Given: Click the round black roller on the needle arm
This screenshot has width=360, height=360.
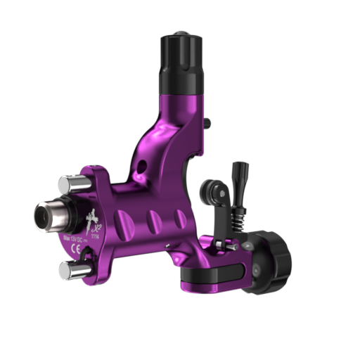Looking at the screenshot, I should [212, 191].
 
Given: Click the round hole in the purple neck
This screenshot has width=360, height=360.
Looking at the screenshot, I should [143, 167].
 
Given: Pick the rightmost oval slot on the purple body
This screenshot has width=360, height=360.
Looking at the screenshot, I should [181, 219].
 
